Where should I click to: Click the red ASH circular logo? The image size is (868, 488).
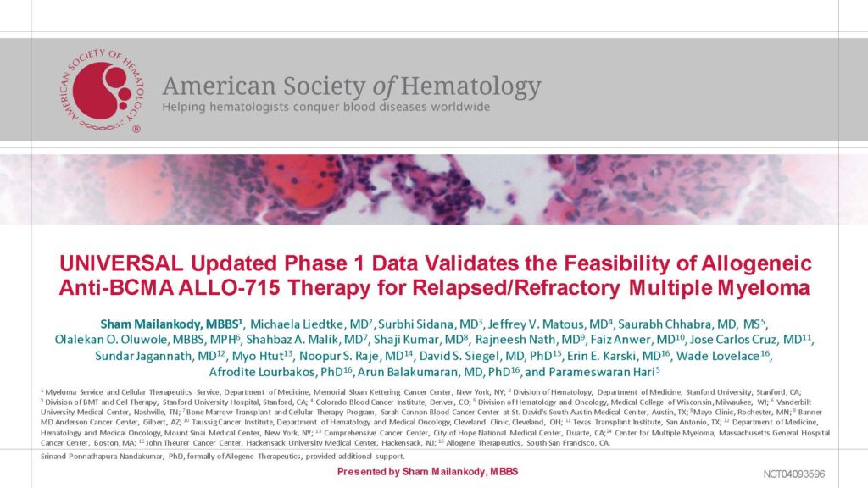tap(102, 90)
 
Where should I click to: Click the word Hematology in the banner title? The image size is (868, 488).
tap(470, 86)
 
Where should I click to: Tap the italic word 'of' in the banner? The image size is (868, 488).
tap(383, 86)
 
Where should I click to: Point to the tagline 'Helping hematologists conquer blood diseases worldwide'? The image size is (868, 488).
tap(326, 107)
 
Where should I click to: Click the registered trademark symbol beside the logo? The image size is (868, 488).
tap(136, 129)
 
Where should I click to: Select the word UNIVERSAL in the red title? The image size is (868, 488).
tap(121, 263)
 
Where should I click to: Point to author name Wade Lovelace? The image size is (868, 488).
tap(717, 356)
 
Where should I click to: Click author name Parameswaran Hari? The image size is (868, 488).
tap(602, 372)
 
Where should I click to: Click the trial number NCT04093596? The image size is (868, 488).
tap(793, 474)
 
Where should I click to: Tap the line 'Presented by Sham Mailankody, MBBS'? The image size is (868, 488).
tap(427, 472)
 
